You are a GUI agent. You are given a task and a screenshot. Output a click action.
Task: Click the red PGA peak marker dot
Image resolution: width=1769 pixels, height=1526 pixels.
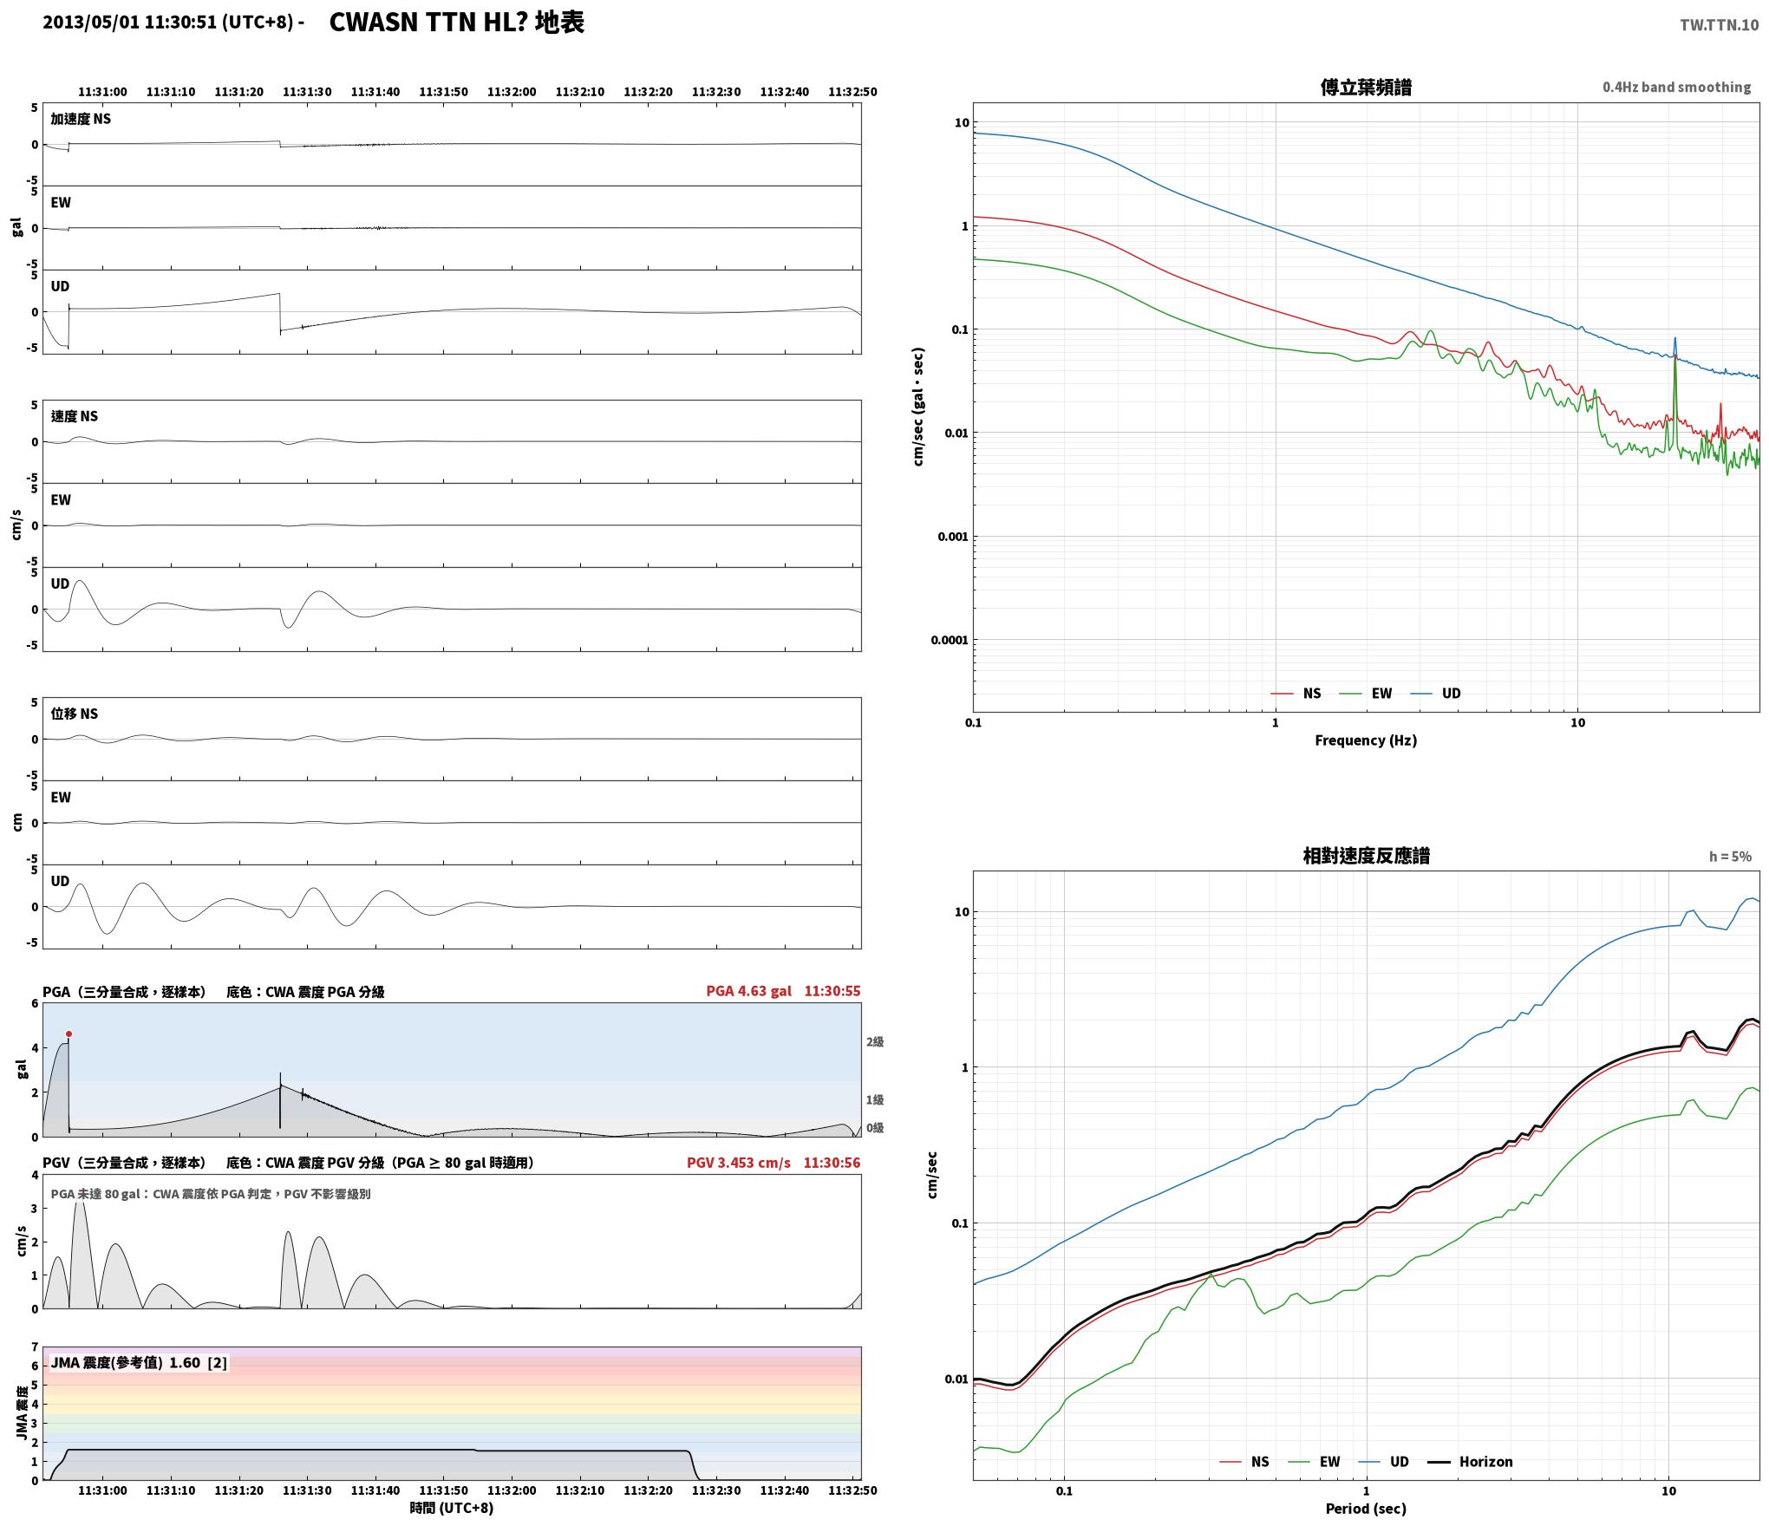click(x=69, y=1034)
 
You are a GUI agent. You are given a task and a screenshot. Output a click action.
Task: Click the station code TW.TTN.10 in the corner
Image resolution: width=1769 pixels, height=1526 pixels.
click(x=1719, y=25)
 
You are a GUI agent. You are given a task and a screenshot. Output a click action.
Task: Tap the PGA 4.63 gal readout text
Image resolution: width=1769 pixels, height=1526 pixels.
click(x=748, y=990)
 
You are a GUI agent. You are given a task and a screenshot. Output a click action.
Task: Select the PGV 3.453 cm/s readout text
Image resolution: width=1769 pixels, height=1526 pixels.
click(x=738, y=1162)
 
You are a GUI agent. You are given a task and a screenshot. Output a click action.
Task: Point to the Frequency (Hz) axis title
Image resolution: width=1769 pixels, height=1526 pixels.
click(x=1366, y=740)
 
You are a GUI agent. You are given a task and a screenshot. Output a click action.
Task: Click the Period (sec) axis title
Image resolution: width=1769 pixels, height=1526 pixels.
click(x=1366, y=1509)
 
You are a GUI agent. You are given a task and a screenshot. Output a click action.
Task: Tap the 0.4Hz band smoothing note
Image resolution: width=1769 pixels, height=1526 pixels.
click(x=1676, y=87)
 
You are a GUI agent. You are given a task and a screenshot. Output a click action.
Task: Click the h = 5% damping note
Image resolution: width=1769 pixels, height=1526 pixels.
click(x=1730, y=856)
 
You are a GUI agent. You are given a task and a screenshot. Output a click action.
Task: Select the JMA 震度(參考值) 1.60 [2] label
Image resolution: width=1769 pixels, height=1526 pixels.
click(x=139, y=1362)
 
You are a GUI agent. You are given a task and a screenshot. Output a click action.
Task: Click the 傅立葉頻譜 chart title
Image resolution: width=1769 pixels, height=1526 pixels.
click(x=1366, y=87)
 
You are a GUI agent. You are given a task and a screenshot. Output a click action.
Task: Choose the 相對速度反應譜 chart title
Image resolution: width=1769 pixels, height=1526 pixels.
click(x=1366, y=855)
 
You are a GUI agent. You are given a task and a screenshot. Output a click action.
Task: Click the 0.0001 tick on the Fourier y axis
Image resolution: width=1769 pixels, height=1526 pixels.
click(x=950, y=640)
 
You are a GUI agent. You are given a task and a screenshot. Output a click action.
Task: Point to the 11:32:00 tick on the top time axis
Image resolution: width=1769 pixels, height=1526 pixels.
click(x=512, y=91)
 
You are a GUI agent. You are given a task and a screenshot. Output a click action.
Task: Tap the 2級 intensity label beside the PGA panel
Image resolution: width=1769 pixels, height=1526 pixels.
click(x=875, y=1041)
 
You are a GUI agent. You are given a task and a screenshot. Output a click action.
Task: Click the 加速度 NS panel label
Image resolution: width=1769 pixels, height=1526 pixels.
click(x=81, y=119)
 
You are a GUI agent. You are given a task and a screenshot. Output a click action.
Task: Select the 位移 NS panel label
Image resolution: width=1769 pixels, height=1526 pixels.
click(x=75, y=713)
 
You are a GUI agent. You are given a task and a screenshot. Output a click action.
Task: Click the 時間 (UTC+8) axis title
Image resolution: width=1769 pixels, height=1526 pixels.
click(x=452, y=1508)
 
